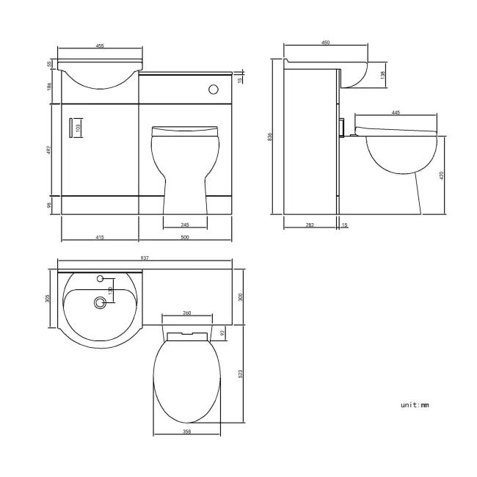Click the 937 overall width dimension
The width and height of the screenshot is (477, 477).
(x=145, y=258)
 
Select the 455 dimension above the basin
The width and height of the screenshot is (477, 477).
(x=99, y=46)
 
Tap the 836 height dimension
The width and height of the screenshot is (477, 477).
(x=271, y=137)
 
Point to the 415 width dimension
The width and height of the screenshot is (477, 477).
(x=99, y=237)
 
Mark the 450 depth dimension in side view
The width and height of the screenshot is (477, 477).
(x=325, y=43)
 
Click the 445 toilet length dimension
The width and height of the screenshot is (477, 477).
(x=396, y=112)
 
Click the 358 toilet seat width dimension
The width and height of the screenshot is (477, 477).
(x=187, y=432)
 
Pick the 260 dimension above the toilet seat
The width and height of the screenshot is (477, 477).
(x=186, y=313)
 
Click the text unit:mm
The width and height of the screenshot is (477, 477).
(x=415, y=405)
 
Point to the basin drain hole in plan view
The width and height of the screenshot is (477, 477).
(x=99, y=301)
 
